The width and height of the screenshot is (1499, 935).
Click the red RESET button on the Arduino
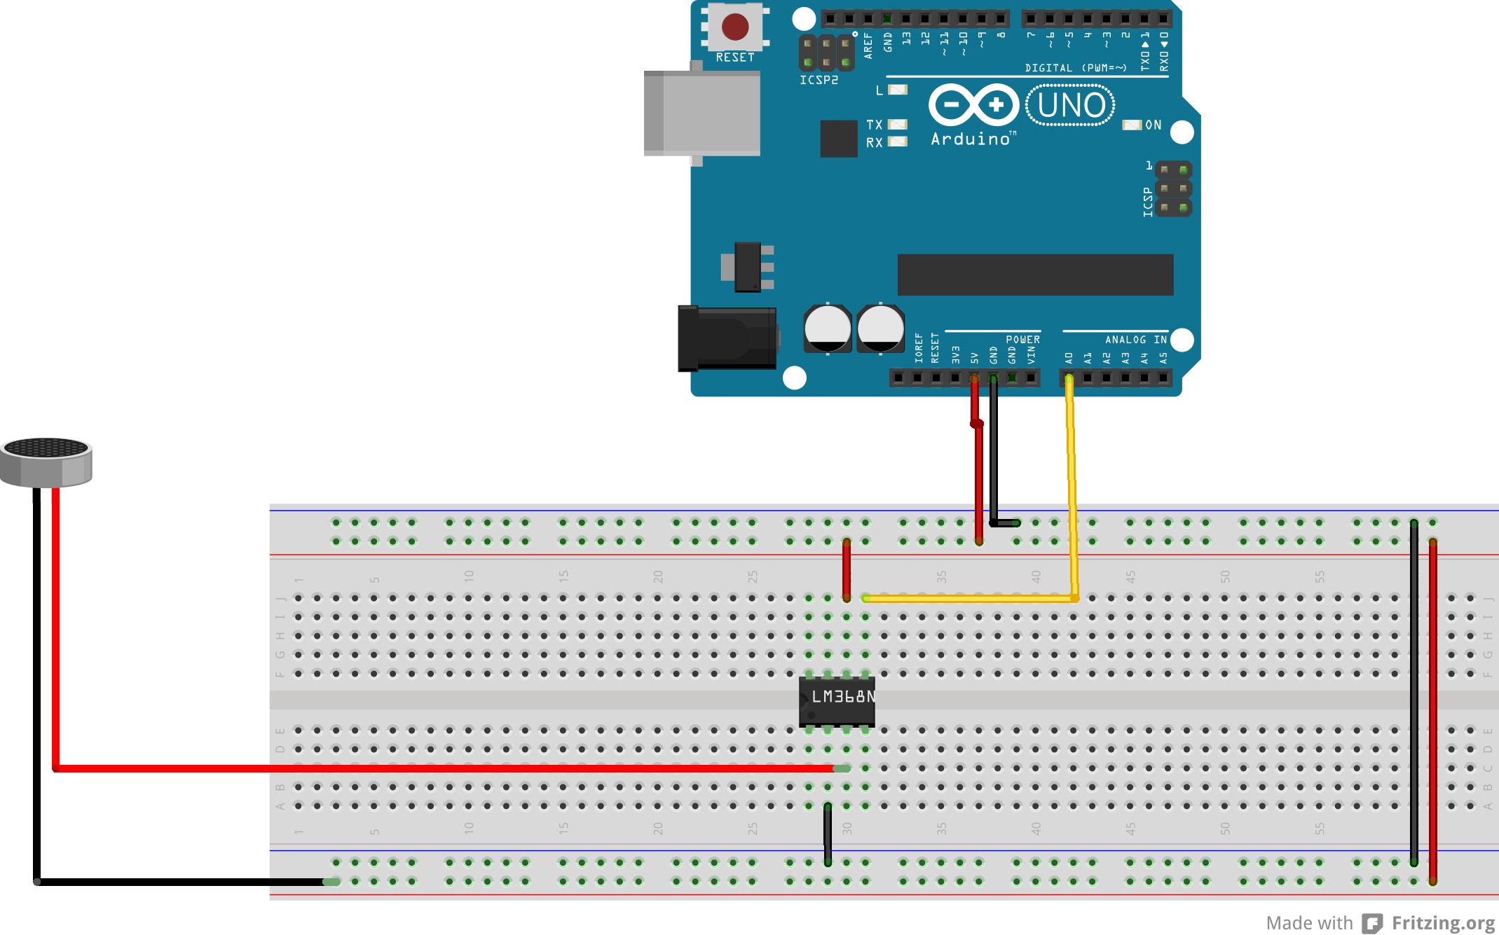pos(734,27)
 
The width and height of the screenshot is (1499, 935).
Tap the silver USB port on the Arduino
pos(702,113)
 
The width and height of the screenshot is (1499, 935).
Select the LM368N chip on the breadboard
pos(837,701)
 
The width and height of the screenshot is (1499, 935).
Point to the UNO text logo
pos(1070,105)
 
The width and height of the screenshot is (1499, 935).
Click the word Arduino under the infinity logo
pos(971,139)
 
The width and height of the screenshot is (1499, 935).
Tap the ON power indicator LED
pos(1131,125)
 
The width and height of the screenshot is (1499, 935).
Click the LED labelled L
pos(898,90)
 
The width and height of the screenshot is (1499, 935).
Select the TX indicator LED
pos(898,125)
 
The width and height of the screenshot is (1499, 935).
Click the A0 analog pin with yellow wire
pos(1069,378)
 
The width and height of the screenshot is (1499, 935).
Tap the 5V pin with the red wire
pos(974,378)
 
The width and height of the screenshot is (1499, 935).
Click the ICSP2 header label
pos(819,81)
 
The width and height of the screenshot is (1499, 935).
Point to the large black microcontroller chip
pos(1035,275)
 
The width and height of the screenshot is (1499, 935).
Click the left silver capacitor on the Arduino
pos(828,328)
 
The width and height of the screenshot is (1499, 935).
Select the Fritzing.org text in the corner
pos(1443,923)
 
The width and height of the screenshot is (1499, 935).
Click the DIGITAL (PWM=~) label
pos(1076,68)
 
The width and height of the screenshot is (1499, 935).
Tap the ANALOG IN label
pos(1135,340)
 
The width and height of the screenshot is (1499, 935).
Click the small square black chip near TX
pos(839,138)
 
